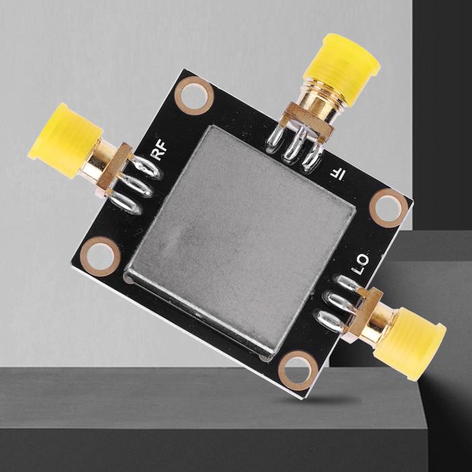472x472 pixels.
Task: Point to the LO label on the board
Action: click(x=360, y=264)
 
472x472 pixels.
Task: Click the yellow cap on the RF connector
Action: click(x=65, y=140)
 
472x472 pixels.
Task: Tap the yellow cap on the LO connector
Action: click(x=410, y=344)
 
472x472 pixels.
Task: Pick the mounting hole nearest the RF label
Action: click(x=194, y=96)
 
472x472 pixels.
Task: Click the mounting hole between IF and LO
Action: click(x=388, y=208)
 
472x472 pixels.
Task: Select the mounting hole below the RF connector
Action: click(x=100, y=256)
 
